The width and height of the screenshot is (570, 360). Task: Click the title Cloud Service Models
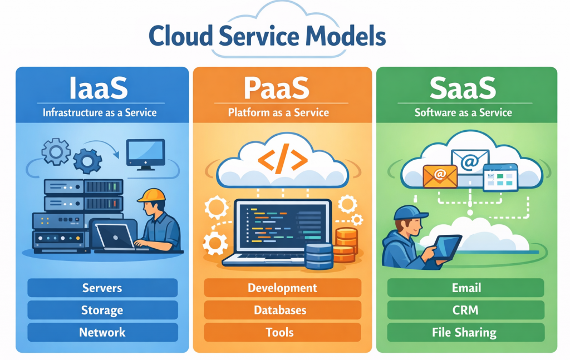[268, 36]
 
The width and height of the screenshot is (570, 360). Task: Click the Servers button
[102, 288]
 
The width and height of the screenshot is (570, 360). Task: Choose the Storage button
[102, 310]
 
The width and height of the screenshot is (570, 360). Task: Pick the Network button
[102, 332]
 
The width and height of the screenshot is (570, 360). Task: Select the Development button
[282, 288]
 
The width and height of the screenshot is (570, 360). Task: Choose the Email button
[466, 288]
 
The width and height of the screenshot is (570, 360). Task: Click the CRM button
[465, 310]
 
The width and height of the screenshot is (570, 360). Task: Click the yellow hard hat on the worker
[151, 195]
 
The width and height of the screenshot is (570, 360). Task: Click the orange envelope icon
[440, 176]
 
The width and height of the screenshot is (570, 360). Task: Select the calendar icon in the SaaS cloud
[500, 177]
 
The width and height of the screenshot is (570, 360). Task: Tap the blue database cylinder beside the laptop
[318, 255]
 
